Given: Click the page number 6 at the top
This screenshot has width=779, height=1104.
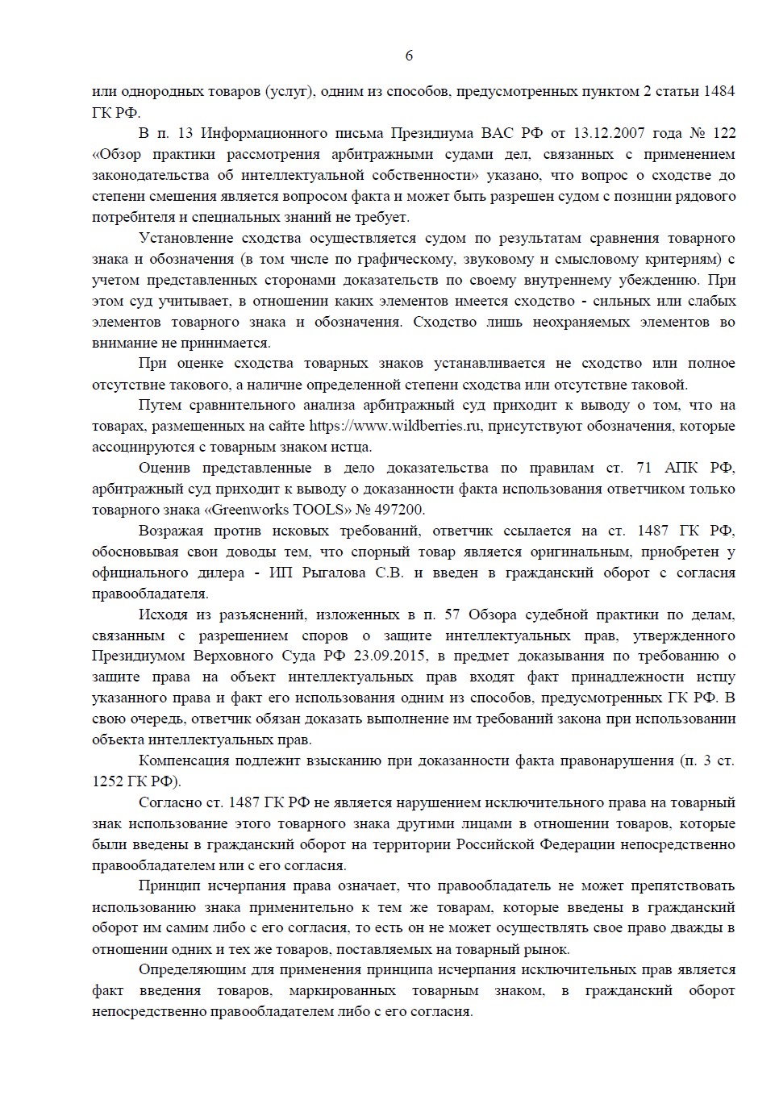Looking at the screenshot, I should [408, 56].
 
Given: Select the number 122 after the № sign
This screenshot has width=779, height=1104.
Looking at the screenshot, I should [724, 133].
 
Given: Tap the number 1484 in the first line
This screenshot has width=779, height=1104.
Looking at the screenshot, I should [719, 91].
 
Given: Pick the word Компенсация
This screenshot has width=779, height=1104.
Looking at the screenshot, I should [185, 760].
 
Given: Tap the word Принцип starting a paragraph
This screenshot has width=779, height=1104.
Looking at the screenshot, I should [169, 886].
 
